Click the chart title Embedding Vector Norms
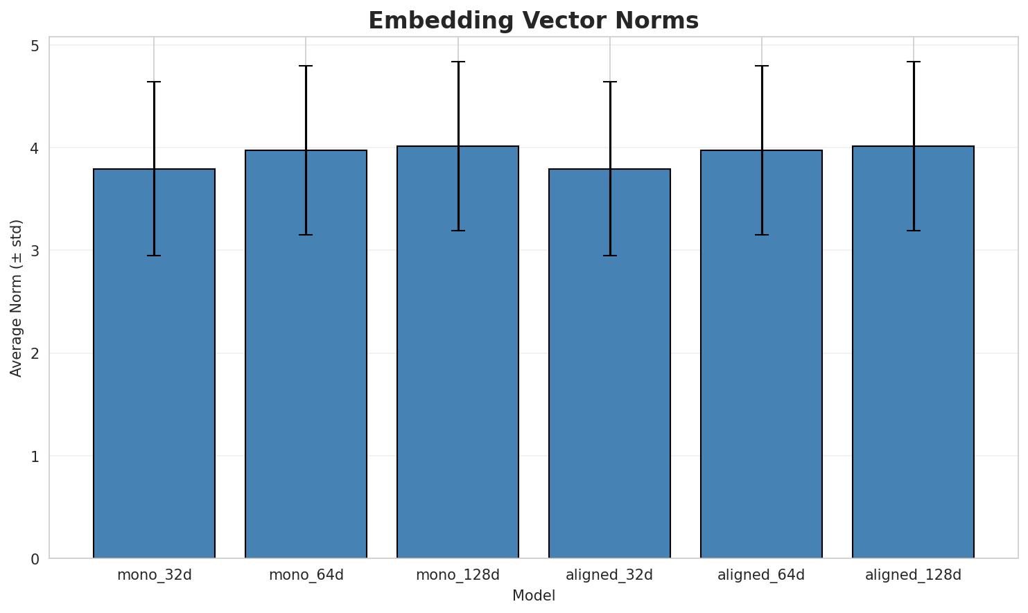(x=533, y=21)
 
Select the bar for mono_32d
(x=154, y=364)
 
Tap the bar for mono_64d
(x=306, y=354)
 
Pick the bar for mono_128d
(x=458, y=352)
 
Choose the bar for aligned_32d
(x=609, y=364)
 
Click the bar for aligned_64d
(x=761, y=354)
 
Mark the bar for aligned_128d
(x=913, y=352)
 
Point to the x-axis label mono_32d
(x=154, y=575)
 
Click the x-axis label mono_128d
(x=458, y=575)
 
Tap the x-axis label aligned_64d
(x=761, y=575)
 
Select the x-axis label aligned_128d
(x=913, y=575)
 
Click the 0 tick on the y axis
(x=35, y=559)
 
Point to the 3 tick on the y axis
(x=35, y=251)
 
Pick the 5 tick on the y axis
(x=35, y=46)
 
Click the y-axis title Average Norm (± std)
(x=17, y=298)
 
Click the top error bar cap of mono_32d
(x=154, y=82)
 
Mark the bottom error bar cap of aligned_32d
(x=609, y=256)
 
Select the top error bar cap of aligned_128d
(x=913, y=62)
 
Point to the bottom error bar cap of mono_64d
(x=306, y=235)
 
